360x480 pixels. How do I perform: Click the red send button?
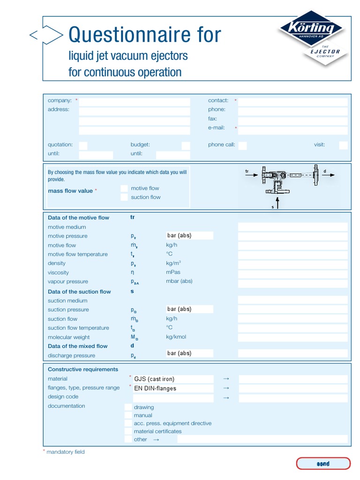(323, 464)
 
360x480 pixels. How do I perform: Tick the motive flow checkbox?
(124, 188)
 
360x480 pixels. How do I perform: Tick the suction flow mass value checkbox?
(124, 197)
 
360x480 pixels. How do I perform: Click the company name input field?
(135, 101)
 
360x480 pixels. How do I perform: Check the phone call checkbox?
(242, 145)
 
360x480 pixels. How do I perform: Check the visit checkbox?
(343, 145)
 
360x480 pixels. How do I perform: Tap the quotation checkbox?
(83, 145)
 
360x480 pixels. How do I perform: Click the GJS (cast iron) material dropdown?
(173, 379)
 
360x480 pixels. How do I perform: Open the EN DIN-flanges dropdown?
(173, 388)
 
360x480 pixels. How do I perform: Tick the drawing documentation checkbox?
(128, 407)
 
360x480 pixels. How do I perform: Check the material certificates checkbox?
(128, 431)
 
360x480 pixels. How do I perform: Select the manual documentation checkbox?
(128, 415)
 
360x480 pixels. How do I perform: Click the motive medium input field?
(292, 227)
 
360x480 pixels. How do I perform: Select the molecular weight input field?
(292, 337)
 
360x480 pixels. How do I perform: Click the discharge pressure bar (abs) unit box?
(189, 353)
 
